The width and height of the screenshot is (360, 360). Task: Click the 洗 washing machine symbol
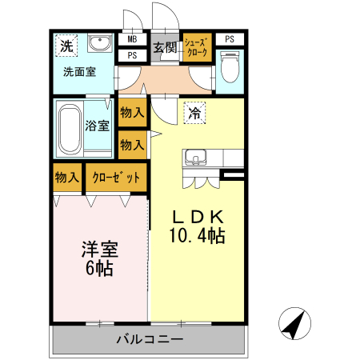[66, 46]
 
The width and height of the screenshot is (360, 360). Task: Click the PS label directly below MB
[131, 55]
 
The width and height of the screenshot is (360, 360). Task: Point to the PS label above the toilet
[230, 39]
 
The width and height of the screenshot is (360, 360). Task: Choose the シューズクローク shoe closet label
[197, 47]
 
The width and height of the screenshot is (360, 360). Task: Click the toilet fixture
[230, 66]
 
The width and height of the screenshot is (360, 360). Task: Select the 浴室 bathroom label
[98, 125]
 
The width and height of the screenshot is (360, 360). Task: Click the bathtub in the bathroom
[70, 128]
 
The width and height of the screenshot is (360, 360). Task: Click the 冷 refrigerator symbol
[194, 113]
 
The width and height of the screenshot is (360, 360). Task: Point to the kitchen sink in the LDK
[196, 157]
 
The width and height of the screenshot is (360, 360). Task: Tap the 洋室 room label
[98, 249]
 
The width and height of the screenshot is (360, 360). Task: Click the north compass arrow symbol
[295, 324]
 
